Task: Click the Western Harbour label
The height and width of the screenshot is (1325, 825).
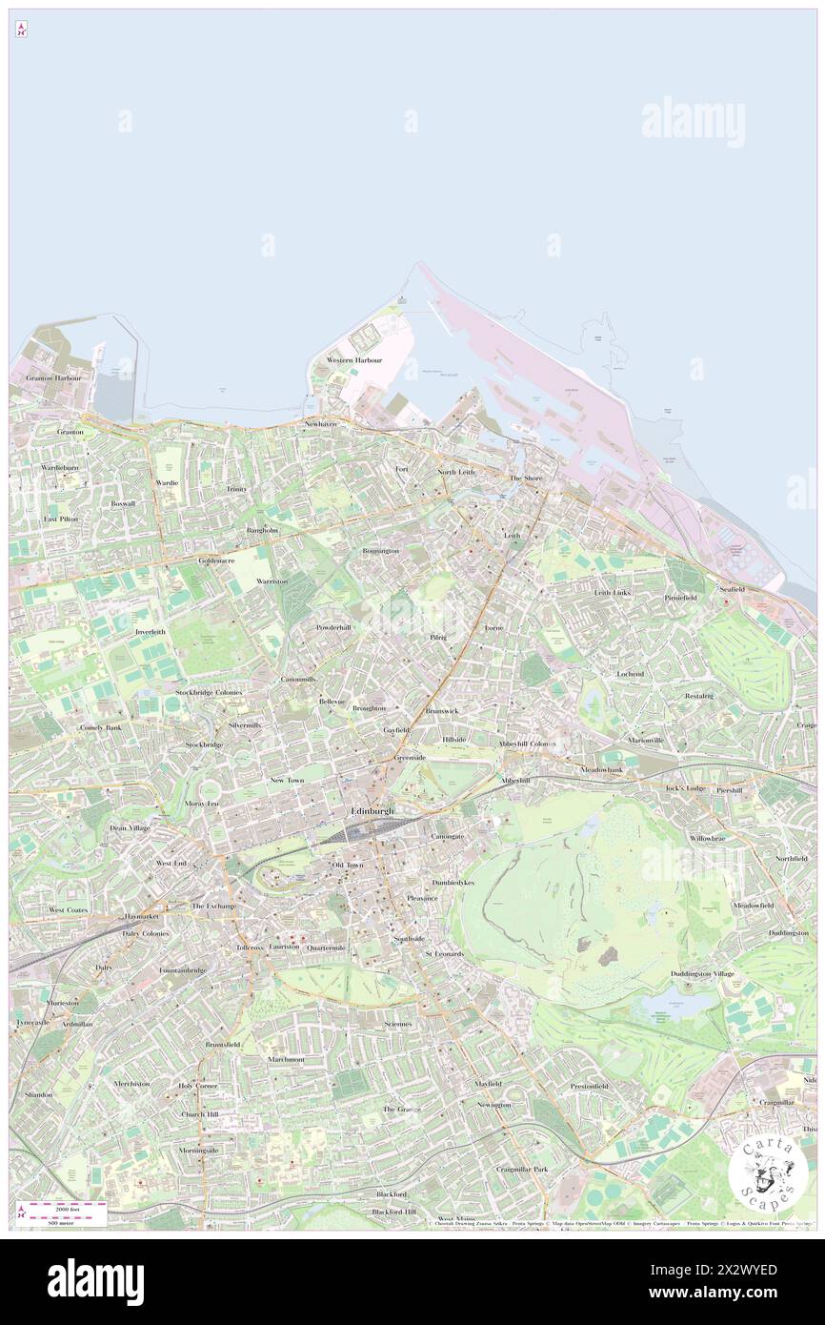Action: tap(353, 360)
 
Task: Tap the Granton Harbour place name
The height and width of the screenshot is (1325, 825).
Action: tap(54, 378)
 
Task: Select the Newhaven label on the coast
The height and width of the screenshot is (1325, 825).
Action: tap(321, 423)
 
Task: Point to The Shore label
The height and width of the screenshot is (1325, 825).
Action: tap(525, 478)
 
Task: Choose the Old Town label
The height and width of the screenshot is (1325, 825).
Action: tap(347, 865)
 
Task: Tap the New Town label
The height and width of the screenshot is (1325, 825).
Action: tap(287, 780)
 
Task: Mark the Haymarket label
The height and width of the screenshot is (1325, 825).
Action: tap(141, 916)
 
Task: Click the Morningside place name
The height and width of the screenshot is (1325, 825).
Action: tap(199, 1150)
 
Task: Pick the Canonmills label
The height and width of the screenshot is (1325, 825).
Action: tap(298, 679)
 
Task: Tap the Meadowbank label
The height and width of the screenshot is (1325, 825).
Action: tap(602, 769)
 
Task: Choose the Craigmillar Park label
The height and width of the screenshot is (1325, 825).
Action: tap(521, 1169)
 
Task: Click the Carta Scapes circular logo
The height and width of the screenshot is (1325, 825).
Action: tap(768, 1172)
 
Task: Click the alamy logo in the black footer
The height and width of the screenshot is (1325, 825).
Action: tap(95, 1281)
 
